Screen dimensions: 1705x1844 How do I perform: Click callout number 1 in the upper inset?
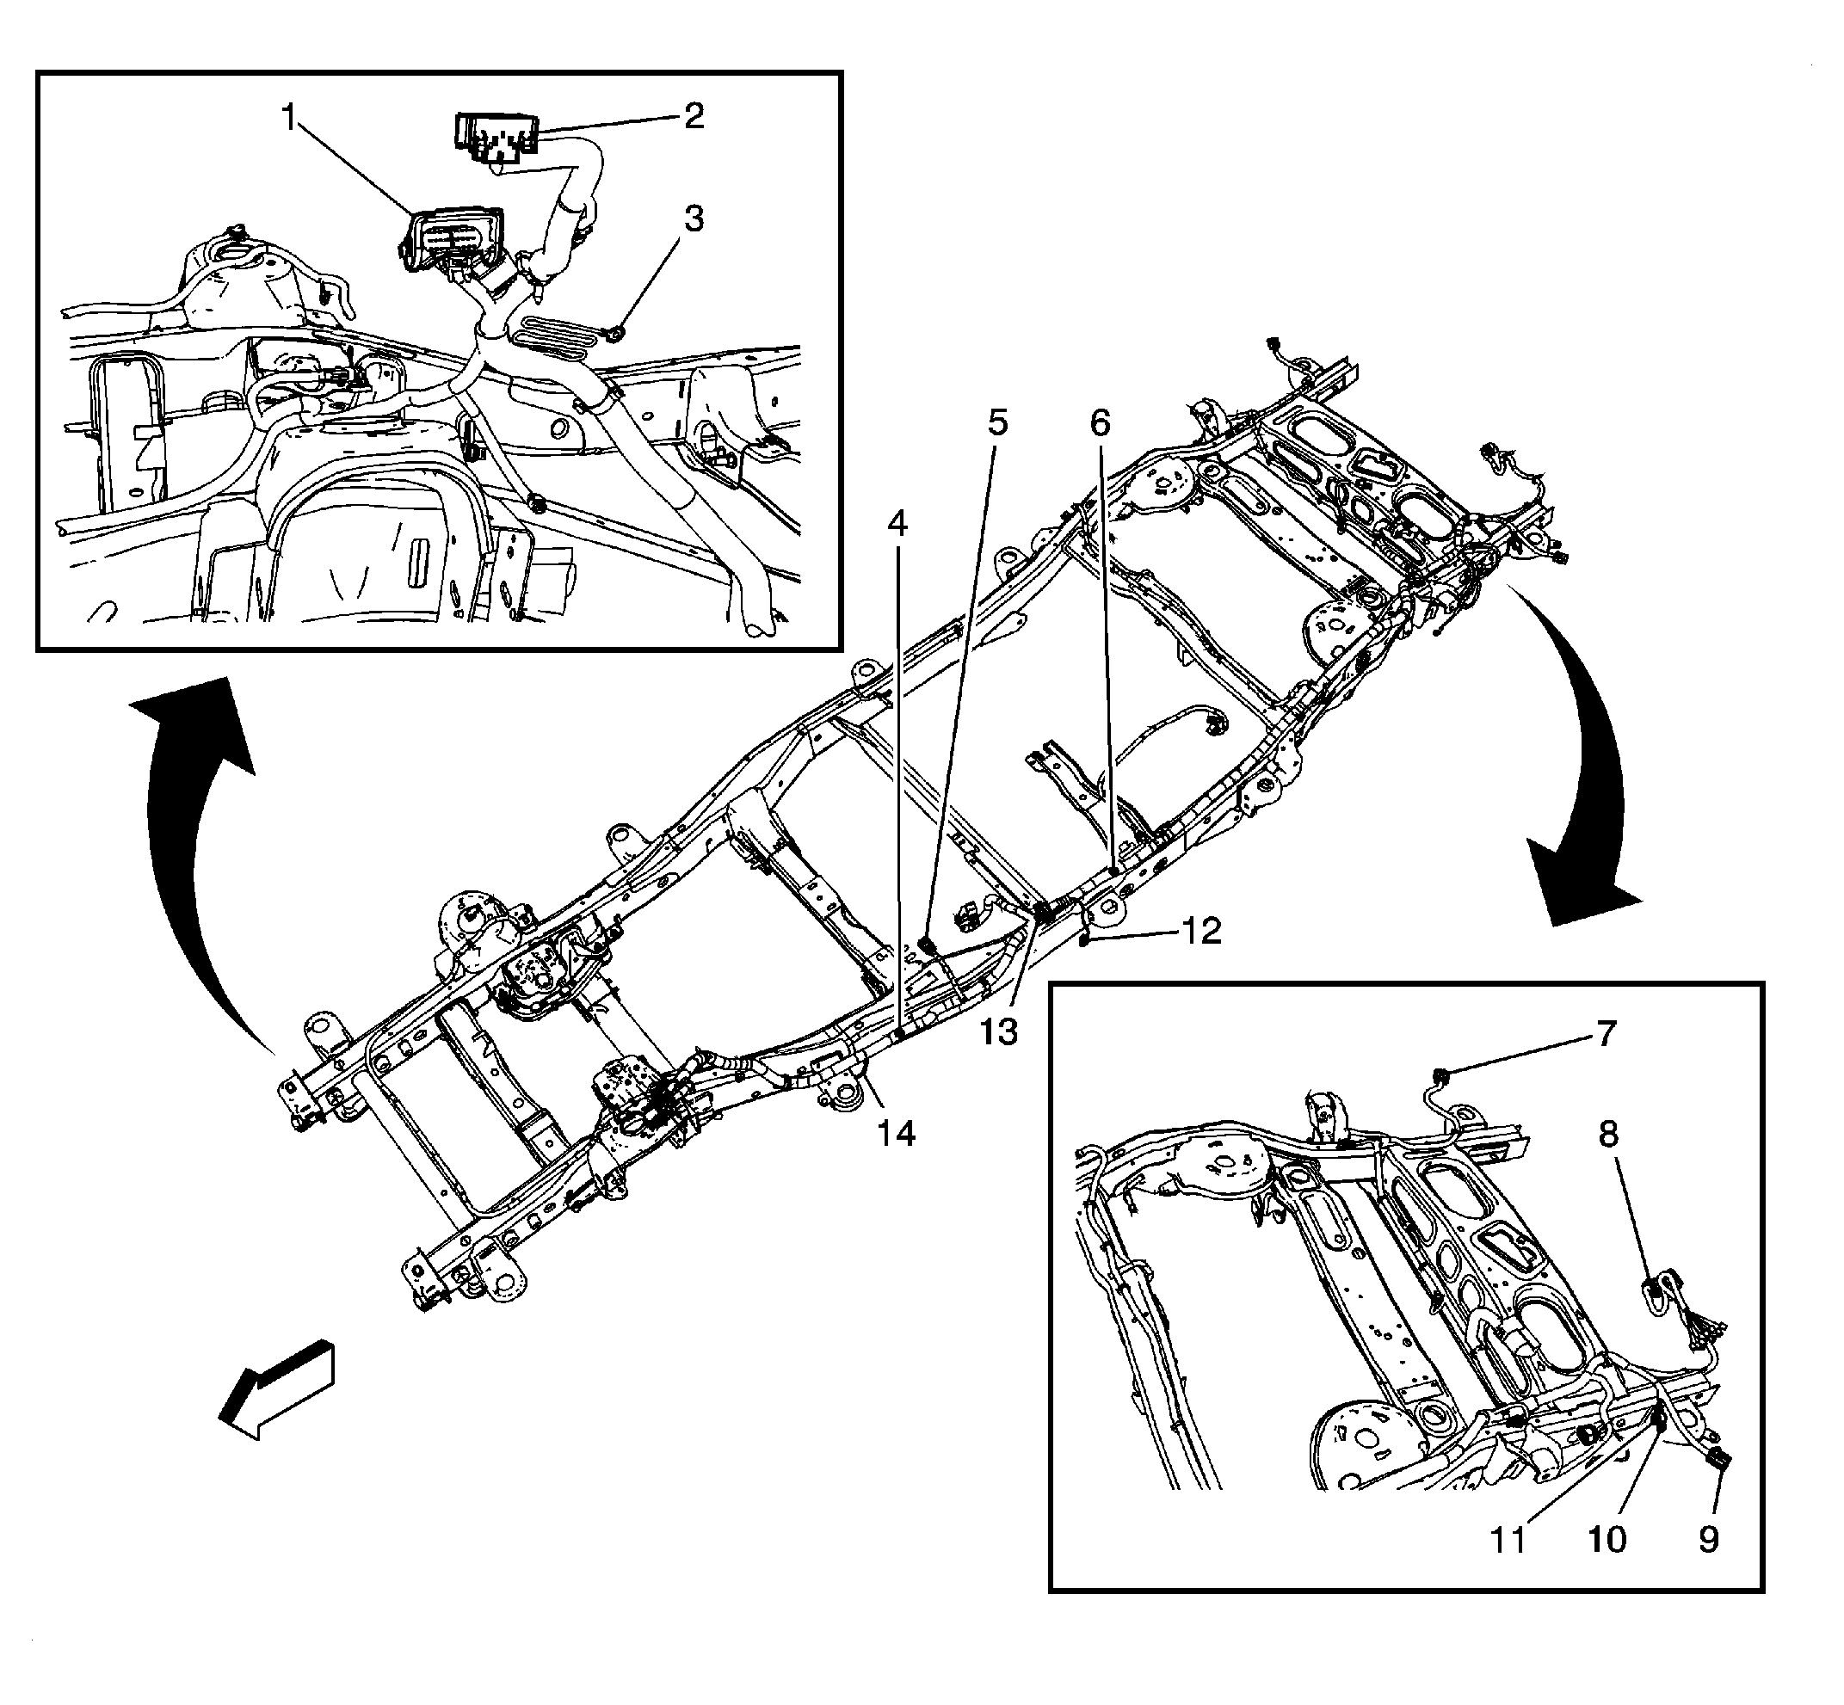point(291,118)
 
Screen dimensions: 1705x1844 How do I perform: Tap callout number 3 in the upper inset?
point(694,219)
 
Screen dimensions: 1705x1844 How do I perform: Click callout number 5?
point(997,422)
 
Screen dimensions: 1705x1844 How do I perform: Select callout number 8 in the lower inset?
point(1607,1134)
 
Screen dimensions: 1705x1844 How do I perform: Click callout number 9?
point(1708,1539)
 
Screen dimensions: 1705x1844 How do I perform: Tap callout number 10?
point(1606,1539)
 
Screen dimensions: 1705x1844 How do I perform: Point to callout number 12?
point(1200,931)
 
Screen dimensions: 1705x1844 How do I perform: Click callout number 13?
point(999,1031)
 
